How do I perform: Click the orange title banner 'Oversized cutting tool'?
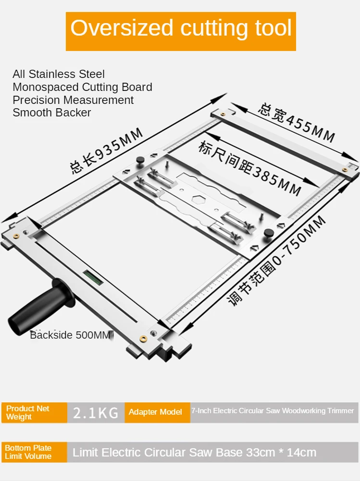click(x=181, y=29)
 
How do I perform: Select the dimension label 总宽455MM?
click(x=296, y=123)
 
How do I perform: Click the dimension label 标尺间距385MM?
click(x=249, y=168)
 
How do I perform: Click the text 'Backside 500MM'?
click(x=71, y=335)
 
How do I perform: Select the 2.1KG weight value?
click(x=96, y=412)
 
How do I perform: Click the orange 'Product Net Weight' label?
click(x=34, y=412)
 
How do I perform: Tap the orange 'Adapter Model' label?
click(x=155, y=412)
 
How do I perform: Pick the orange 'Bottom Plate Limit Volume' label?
click(x=34, y=452)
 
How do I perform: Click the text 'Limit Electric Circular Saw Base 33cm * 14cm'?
click(x=194, y=452)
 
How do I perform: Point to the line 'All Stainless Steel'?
click(x=59, y=74)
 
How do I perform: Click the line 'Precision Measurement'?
click(x=73, y=100)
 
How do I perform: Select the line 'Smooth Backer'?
click(x=52, y=113)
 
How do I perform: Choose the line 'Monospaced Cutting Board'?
click(x=82, y=87)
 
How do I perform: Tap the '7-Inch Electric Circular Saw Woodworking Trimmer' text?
click(x=273, y=411)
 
